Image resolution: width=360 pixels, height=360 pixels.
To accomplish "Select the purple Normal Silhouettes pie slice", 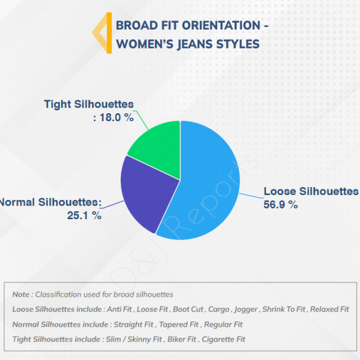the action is pyautogui.click(x=147, y=191).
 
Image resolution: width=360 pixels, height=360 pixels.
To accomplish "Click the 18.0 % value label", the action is pyautogui.click(x=116, y=118).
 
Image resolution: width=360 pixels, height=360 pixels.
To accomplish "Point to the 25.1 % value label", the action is pyautogui.click(x=84, y=215).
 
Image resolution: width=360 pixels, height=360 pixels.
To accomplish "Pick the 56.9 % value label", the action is pyautogui.click(x=281, y=204).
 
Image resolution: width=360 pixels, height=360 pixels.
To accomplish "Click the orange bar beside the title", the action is pyautogui.click(x=110, y=33).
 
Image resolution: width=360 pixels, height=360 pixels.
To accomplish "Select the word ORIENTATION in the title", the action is pyautogui.click(x=222, y=25).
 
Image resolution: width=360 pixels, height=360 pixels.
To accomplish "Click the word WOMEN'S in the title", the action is pyautogui.click(x=145, y=44).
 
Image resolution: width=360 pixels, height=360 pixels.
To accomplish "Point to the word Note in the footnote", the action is pyautogui.click(x=21, y=294).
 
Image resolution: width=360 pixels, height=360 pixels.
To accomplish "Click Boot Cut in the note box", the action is pyautogui.click(x=188, y=310).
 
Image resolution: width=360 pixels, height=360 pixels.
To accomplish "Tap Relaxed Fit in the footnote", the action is pyautogui.click(x=329, y=310).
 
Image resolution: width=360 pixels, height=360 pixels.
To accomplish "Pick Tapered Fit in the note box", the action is pyautogui.click(x=178, y=324).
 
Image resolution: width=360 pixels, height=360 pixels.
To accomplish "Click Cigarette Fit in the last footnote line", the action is pyautogui.click(x=223, y=339).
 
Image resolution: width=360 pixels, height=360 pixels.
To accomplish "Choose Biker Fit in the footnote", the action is pyautogui.click(x=182, y=339).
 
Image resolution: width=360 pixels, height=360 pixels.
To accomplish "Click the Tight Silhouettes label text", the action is pyautogui.click(x=89, y=104).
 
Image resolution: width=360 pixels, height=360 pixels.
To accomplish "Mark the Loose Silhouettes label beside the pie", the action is pyautogui.click(x=311, y=191).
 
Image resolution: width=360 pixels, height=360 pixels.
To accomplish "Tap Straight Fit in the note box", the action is pyautogui.click(x=134, y=324).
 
